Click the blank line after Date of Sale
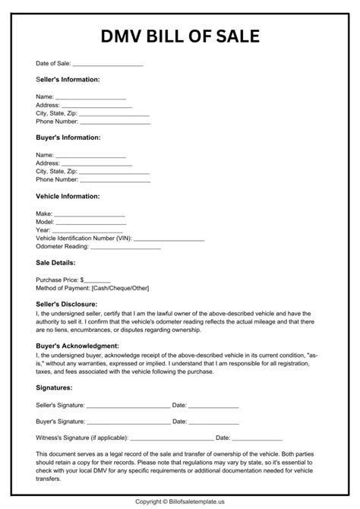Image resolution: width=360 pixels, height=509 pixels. pos(107,65)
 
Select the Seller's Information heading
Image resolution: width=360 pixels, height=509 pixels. pos(68,79)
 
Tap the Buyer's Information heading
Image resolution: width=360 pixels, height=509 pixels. pos(68,138)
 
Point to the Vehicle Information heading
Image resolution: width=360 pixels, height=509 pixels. pos(68,196)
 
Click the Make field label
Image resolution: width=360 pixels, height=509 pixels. pos(44,214)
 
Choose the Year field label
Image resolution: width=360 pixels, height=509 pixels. pos(43,230)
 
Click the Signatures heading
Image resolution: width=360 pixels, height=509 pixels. pos(55,387)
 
